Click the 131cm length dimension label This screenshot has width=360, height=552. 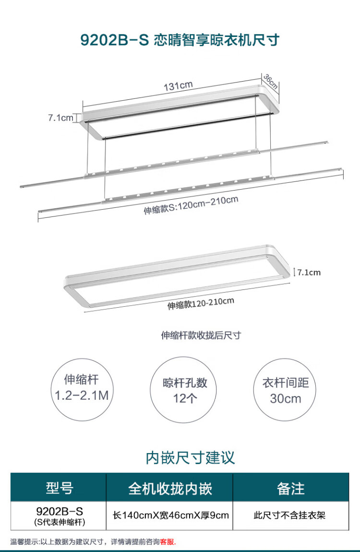pos(178,85)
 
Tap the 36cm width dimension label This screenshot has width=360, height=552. pos(270,82)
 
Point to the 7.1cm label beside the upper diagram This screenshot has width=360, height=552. pos(60,118)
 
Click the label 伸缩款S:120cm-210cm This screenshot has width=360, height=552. pos(191,205)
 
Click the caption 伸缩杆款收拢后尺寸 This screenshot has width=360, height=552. pos(201,335)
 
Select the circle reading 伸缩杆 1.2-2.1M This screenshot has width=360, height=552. pos(82,389)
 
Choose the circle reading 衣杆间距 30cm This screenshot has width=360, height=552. pos(285,389)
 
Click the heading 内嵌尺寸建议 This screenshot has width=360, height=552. pos(191,457)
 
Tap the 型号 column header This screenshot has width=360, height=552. pos(59,488)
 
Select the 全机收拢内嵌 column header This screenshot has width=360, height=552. pos(169,488)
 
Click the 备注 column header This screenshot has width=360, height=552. pos(291,488)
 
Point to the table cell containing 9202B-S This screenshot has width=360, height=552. pos(59,516)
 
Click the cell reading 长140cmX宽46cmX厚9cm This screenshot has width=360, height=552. pos(170,516)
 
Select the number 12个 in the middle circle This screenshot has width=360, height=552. pos(185,398)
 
